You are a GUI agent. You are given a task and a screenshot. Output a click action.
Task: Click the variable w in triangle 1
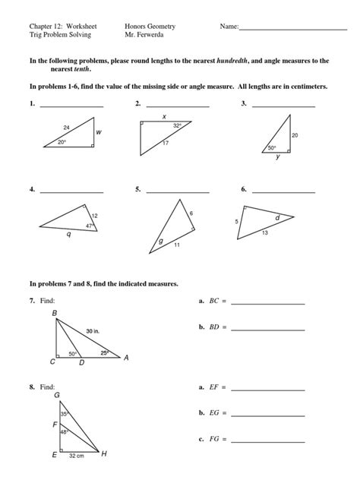99,132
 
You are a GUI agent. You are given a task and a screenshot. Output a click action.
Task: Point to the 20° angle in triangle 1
64,141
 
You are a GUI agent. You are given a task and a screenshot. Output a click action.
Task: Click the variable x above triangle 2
163,116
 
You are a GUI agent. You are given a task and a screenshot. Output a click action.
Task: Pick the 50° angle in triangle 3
271,148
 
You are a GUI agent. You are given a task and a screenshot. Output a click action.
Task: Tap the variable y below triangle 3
278,157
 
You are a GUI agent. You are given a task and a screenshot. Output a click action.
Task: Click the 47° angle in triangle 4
89,226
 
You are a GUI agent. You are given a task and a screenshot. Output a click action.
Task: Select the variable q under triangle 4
69,235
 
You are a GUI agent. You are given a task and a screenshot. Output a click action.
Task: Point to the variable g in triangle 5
160,242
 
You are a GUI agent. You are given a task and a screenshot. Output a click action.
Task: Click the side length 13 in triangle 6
264,232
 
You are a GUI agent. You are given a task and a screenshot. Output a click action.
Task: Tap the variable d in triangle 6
277,217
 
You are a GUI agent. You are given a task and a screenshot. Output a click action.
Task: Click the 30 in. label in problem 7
93,331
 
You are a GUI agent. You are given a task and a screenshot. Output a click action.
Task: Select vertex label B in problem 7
54,313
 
